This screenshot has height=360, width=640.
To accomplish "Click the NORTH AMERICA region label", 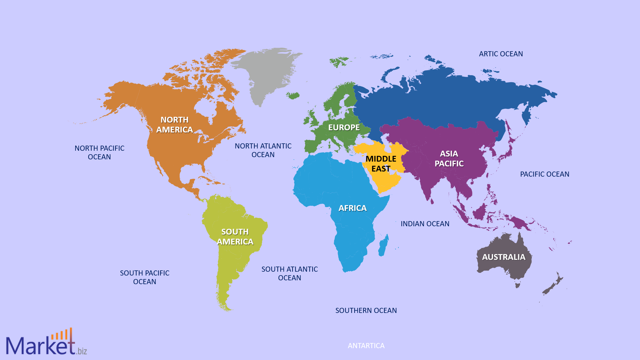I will pyautogui.click(x=174, y=124).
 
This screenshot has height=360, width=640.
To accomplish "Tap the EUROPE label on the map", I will pyautogui.click(x=344, y=127).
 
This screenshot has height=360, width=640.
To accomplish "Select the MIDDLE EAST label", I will pyautogui.click(x=381, y=164).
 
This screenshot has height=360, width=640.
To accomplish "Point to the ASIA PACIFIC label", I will pyautogui.click(x=449, y=159).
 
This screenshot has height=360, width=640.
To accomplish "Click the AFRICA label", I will pyautogui.click(x=352, y=208).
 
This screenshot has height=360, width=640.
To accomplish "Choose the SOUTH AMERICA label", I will pyautogui.click(x=235, y=236).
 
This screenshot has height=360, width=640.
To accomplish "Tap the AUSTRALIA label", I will pyautogui.click(x=504, y=257).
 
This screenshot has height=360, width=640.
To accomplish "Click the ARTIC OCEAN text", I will pyautogui.click(x=501, y=54).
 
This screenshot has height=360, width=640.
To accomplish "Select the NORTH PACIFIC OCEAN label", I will pyautogui.click(x=100, y=152).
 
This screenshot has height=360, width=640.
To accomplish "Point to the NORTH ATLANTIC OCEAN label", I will pyautogui.click(x=263, y=150).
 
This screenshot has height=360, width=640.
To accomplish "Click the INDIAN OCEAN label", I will pyautogui.click(x=425, y=224).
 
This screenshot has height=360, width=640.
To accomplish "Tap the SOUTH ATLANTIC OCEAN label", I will pyautogui.click(x=290, y=273).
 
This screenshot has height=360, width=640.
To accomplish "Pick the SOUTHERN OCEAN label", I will pyautogui.click(x=366, y=310).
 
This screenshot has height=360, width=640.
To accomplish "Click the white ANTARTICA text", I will pyautogui.click(x=366, y=346).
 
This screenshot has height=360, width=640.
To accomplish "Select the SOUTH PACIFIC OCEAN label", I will pyautogui.click(x=145, y=277).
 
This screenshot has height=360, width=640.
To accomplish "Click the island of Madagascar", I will pyautogui.click(x=383, y=247).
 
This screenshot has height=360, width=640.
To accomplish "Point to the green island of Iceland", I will pyautogui.click(x=293, y=95).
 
